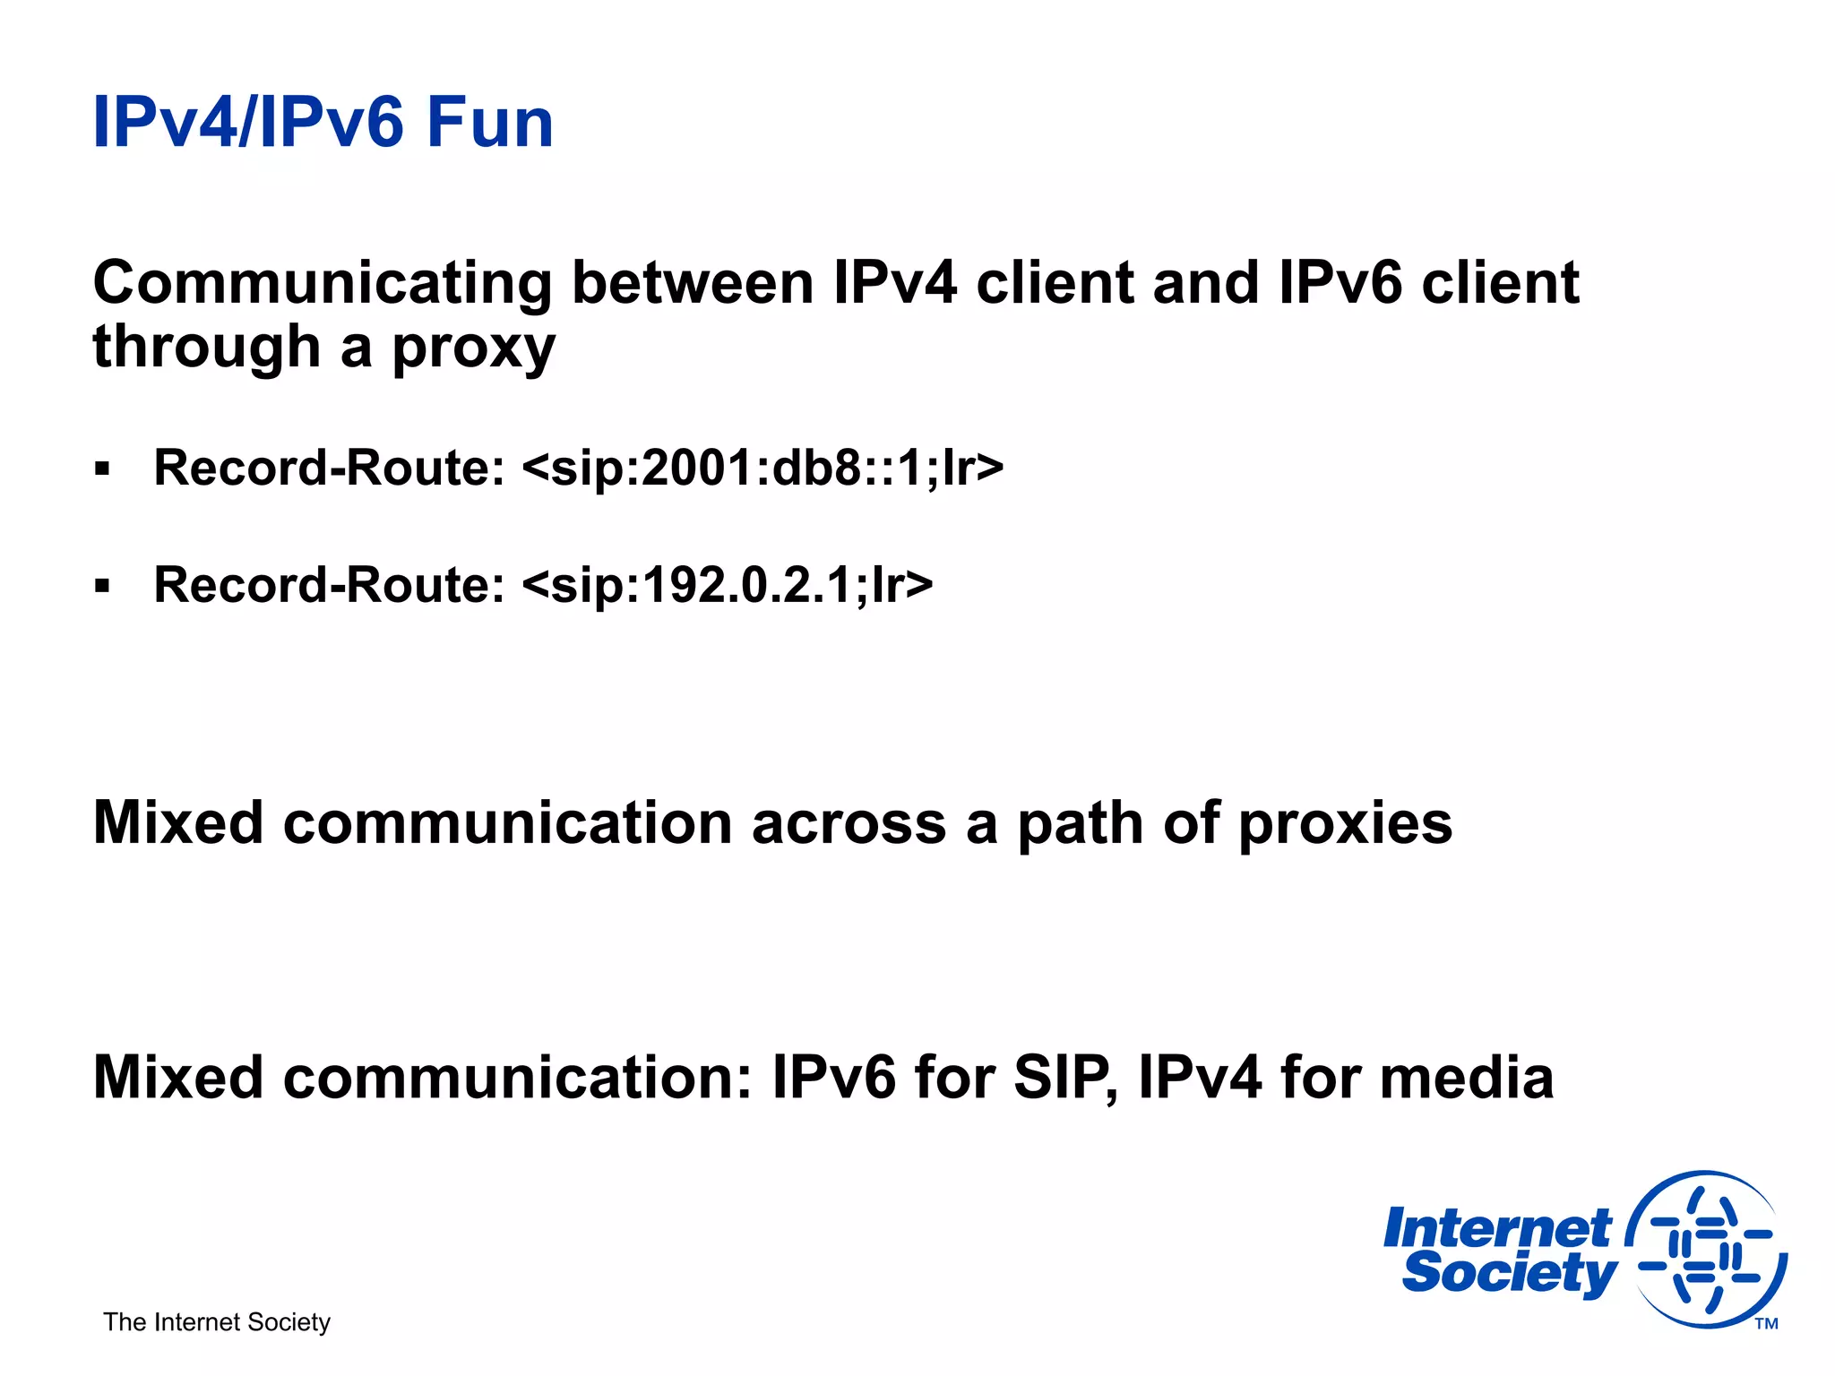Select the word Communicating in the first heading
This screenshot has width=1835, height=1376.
pyautogui.click(x=322, y=283)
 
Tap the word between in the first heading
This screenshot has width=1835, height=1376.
pyautogui.click(x=693, y=283)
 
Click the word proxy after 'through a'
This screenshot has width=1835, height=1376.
pyautogui.click(x=474, y=349)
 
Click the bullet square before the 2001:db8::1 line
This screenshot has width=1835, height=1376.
pyautogui.click(x=102, y=469)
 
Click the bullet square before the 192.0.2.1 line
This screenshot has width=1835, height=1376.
pyautogui.click(x=102, y=587)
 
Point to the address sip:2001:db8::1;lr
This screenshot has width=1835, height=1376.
pyautogui.click(x=762, y=469)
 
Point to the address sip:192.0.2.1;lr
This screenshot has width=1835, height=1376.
pyautogui.click(x=727, y=586)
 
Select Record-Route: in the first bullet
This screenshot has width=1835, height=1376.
pyautogui.click(x=330, y=469)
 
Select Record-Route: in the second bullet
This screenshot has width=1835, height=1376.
pyautogui.click(x=330, y=586)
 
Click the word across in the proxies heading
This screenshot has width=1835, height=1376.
pyautogui.click(x=849, y=823)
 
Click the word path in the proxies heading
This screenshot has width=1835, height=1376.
pyautogui.click(x=1081, y=823)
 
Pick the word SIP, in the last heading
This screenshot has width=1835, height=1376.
pyautogui.click(x=1065, y=1078)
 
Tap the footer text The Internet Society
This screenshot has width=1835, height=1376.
pyautogui.click(x=217, y=1322)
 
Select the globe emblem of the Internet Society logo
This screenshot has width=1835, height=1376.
pyautogui.click(x=1707, y=1250)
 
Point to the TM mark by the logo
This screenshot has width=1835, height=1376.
pyautogui.click(x=1766, y=1324)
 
